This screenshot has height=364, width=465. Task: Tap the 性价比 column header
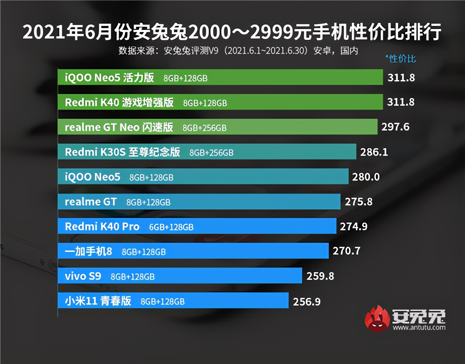[401, 59]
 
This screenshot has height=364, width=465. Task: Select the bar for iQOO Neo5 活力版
[220, 77]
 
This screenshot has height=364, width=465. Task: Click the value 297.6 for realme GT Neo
[395, 127]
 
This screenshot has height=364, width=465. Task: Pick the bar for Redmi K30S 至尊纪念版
[207, 151]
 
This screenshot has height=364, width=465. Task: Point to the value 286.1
[374, 152]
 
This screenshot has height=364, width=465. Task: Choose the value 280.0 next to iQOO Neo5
[366, 177]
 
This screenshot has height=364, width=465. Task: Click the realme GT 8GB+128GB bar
[199, 201]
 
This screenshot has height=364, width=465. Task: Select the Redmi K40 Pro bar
[197, 226]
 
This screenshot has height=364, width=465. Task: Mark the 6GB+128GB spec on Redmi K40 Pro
[171, 227]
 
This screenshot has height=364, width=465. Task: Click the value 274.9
[353, 227]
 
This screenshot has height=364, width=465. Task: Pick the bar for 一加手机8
[193, 251]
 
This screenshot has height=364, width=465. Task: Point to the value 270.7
[346, 251]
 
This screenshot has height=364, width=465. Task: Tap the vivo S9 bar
[180, 276]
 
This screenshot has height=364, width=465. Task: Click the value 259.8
[320, 276]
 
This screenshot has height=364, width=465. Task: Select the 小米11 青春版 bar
[173, 300]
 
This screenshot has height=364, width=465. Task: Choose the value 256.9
[307, 301]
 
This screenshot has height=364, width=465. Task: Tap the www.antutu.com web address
[418, 328]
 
